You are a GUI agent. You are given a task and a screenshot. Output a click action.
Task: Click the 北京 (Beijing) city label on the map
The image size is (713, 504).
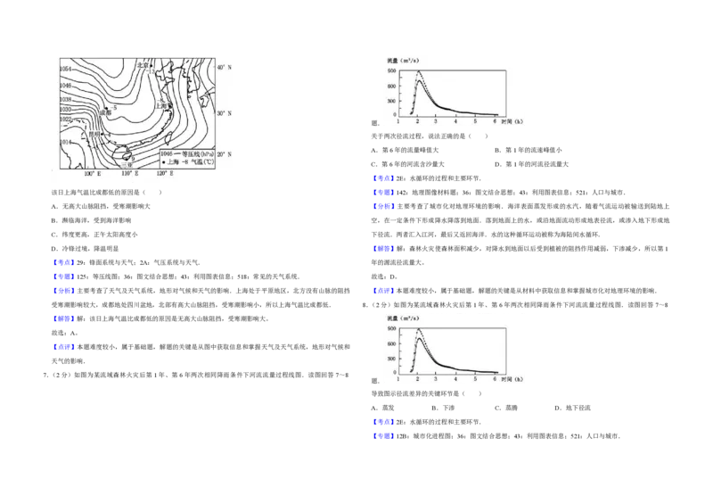click(x=143, y=65)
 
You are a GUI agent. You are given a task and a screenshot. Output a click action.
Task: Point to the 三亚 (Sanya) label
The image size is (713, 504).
click(x=127, y=164)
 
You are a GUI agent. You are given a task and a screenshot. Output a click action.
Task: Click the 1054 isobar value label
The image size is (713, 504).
click(x=65, y=69)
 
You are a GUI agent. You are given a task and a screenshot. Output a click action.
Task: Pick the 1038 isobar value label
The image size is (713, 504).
click(x=65, y=99)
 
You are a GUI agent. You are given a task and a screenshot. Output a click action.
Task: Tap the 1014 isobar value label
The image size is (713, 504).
click(x=65, y=142)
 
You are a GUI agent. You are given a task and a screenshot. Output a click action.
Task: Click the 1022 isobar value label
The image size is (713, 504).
click(x=65, y=119)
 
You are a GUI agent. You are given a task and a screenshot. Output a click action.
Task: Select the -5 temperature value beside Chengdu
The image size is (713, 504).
click(x=115, y=107)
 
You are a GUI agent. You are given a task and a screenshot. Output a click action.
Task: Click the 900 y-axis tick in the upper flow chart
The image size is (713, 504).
click(x=390, y=70)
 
